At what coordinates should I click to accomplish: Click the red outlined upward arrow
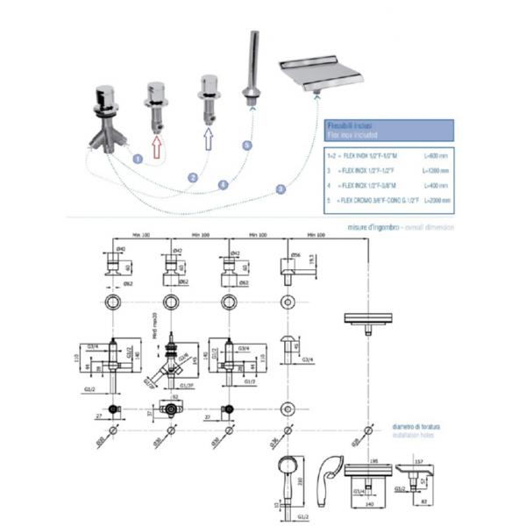[x=157, y=146]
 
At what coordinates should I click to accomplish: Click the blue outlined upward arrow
[x=209, y=141]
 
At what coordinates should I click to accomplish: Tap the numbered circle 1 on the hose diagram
[x=137, y=158]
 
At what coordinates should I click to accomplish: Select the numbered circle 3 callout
[x=281, y=188]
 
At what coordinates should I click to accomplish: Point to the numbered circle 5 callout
[x=247, y=145]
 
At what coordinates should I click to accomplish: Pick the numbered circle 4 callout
[x=223, y=184]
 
